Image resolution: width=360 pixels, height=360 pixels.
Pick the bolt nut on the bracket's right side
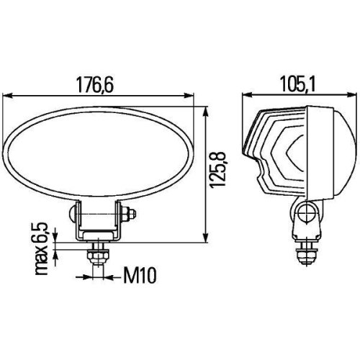(x=130, y=215)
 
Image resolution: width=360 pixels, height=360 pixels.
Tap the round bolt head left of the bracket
(x=72, y=215)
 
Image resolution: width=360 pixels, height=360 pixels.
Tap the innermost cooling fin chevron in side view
(x=292, y=156)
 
